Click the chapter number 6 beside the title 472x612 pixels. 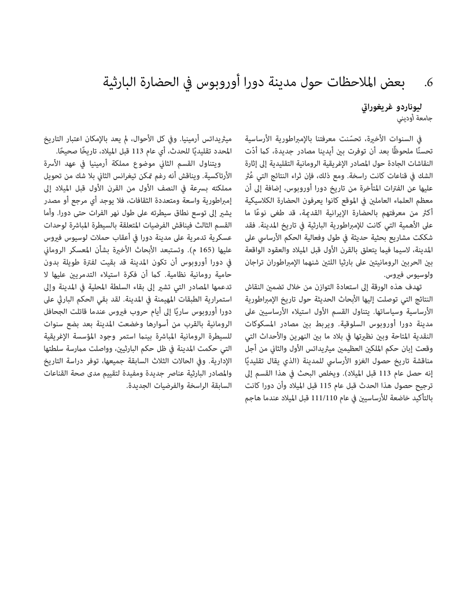pos(428,83)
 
